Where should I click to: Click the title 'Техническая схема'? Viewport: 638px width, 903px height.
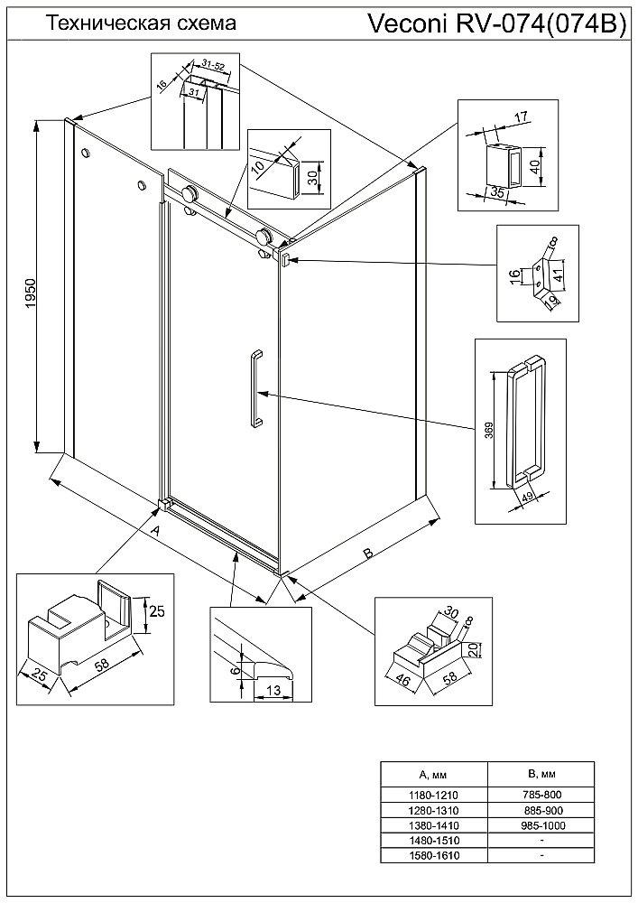(141, 24)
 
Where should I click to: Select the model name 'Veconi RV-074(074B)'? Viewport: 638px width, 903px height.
(497, 25)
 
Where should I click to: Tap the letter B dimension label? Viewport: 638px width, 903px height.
(367, 554)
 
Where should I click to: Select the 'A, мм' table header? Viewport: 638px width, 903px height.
(434, 775)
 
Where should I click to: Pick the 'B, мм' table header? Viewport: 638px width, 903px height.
(540, 775)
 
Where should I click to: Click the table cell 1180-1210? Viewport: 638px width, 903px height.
(434, 794)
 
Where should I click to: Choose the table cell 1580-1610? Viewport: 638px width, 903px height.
(434, 855)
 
